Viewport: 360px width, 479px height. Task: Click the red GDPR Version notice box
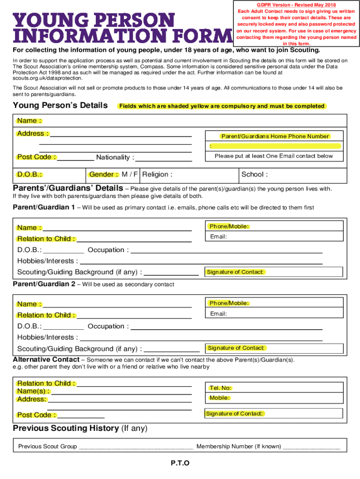(296, 24)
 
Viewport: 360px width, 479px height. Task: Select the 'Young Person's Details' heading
(60, 105)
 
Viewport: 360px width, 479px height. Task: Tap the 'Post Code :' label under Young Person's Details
(37, 157)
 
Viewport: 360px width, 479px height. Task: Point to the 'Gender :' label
(103, 174)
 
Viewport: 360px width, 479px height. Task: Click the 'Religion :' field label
(157, 174)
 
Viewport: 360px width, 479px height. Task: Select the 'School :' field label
(254, 174)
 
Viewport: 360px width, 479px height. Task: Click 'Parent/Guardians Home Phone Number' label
(275, 136)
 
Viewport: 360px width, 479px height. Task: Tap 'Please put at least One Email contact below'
(274, 156)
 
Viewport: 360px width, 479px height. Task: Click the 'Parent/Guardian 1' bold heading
(43, 207)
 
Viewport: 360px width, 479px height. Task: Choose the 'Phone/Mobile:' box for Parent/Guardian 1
(274, 226)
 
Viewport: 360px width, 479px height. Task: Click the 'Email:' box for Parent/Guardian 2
(274, 313)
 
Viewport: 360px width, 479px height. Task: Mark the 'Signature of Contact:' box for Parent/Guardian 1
(274, 272)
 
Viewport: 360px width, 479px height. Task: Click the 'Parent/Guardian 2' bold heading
(43, 284)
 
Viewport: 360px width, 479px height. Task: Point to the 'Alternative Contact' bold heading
(46, 359)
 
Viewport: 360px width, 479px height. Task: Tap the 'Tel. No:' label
(220, 388)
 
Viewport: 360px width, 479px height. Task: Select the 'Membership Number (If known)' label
(238, 446)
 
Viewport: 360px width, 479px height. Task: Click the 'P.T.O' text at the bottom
(180, 463)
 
